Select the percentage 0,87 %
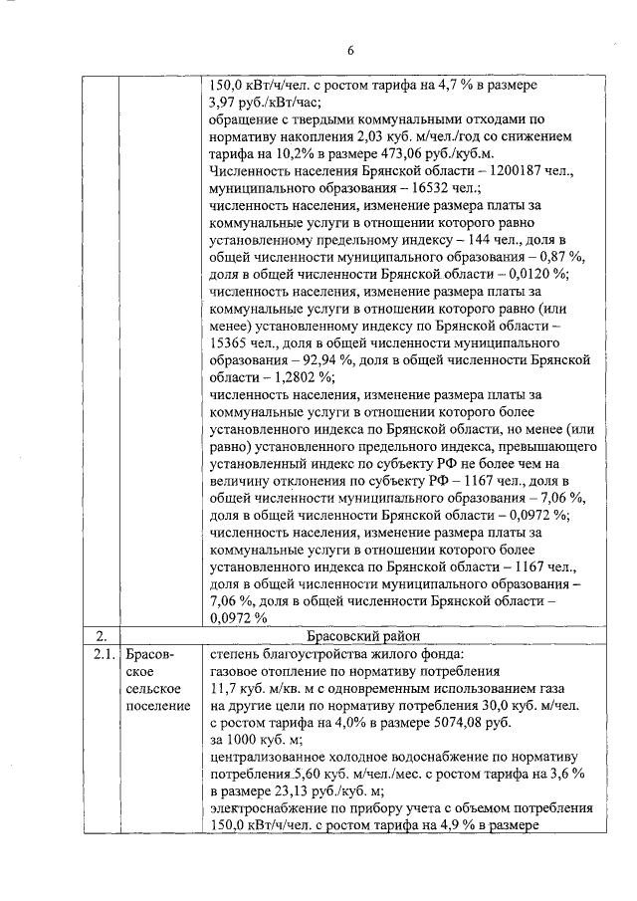click(559, 256)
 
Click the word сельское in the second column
click(153, 688)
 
